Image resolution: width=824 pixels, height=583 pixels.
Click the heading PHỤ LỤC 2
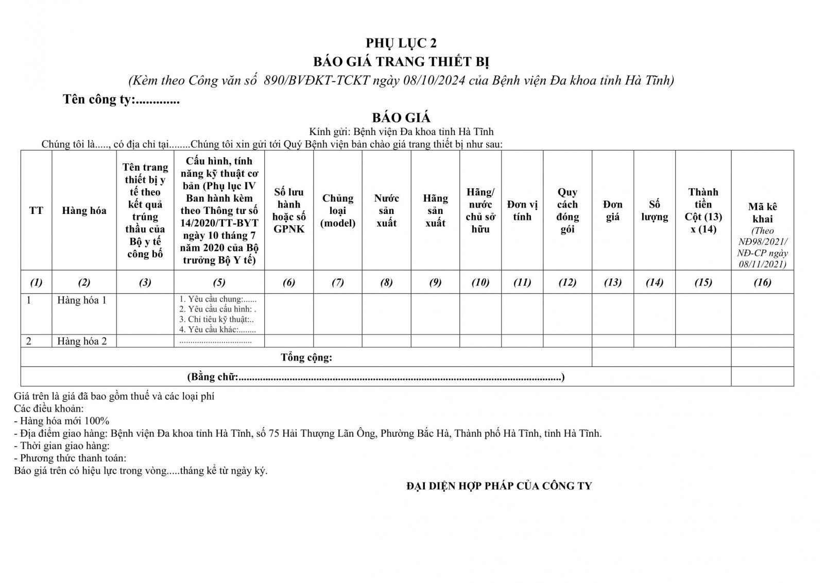(401, 43)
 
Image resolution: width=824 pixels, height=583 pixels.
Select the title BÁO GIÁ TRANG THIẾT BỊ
(401, 62)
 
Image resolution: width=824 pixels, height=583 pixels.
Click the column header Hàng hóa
(84, 210)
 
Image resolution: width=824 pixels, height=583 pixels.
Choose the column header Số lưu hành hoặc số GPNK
(288, 210)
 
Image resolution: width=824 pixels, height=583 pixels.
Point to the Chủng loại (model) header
(338, 210)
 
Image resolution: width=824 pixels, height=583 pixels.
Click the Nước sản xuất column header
(386, 210)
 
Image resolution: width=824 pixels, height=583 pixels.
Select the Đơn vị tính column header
(522, 210)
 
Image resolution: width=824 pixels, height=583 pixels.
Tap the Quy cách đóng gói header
(567, 210)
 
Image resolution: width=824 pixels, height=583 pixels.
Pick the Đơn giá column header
(612, 210)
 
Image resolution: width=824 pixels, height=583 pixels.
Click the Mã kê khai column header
(762, 213)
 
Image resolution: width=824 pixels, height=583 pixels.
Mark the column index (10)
(480, 282)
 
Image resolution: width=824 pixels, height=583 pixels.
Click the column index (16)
(762, 282)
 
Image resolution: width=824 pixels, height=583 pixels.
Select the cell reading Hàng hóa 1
(82, 300)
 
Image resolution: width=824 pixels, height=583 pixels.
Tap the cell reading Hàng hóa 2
(82, 341)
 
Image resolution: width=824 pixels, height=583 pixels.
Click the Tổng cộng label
(306, 357)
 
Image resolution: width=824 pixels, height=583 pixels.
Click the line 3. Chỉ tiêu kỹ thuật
(216, 320)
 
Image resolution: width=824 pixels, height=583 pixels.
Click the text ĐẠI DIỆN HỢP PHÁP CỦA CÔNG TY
(499, 486)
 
